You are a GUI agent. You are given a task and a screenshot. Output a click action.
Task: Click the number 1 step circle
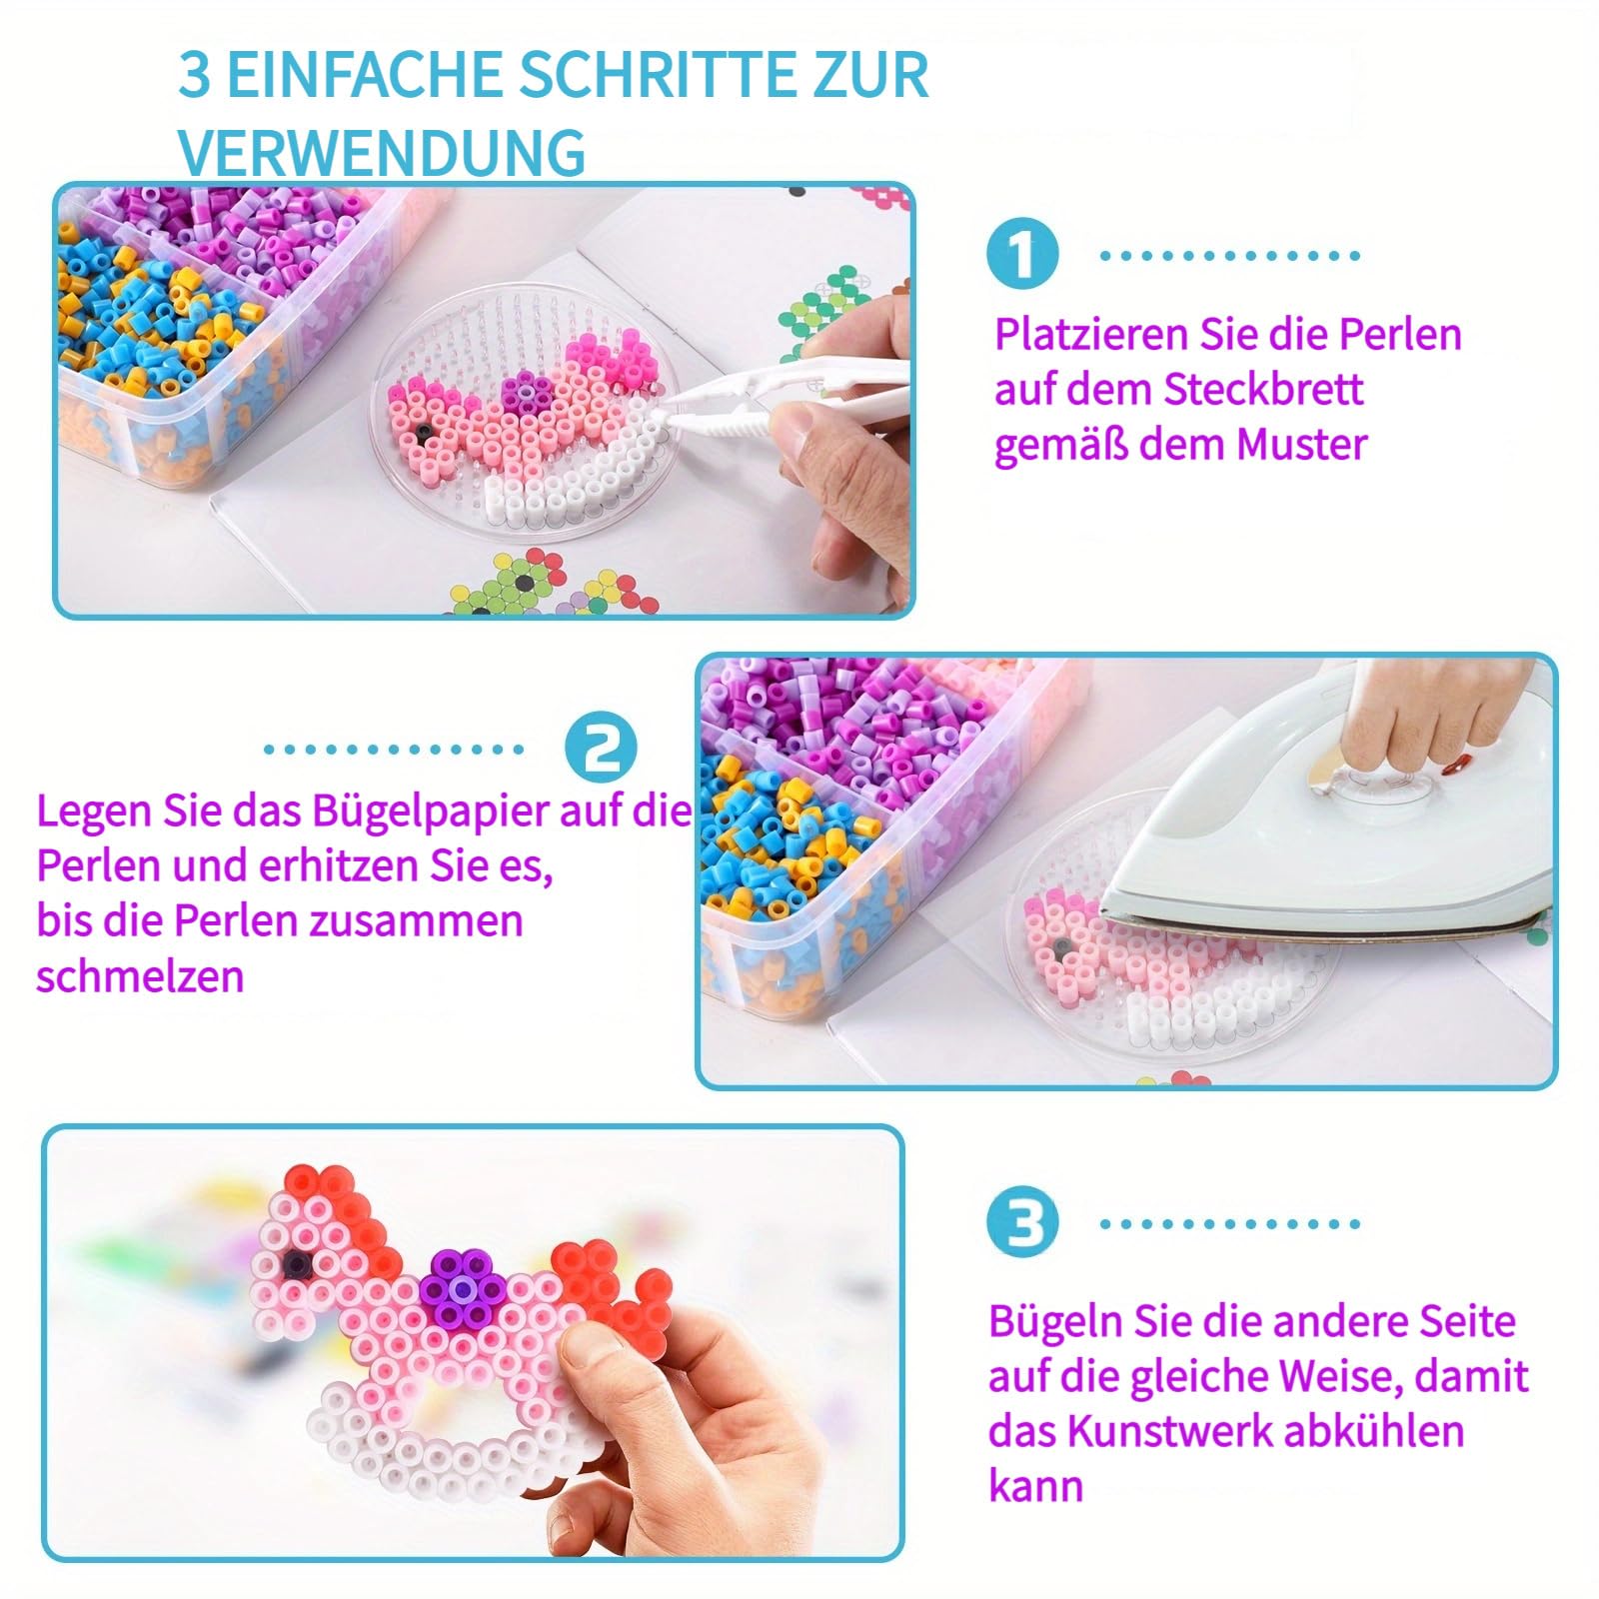click(x=1021, y=254)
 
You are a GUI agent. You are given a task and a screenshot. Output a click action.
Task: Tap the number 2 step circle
click(x=601, y=748)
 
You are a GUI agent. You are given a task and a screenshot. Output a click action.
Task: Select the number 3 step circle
click(x=1021, y=1222)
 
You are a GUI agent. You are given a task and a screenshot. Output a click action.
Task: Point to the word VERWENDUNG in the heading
click(x=382, y=152)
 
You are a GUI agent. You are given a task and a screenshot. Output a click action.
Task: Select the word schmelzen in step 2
click(x=140, y=975)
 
